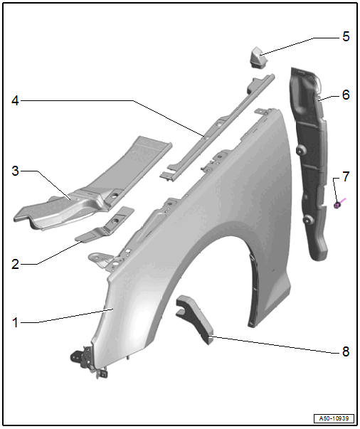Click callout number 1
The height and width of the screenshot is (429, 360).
click(16, 322)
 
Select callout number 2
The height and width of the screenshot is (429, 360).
click(16, 264)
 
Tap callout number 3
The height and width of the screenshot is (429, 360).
click(16, 171)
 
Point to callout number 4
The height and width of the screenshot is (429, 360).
click(16, 101)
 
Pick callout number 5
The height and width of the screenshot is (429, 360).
click(346, 36)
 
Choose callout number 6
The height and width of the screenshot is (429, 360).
click(346, 95)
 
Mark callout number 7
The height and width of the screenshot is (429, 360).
click(346, 176)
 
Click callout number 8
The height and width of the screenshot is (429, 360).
click(346, 351)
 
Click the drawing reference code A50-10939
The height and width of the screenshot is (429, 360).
click(334, 418)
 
